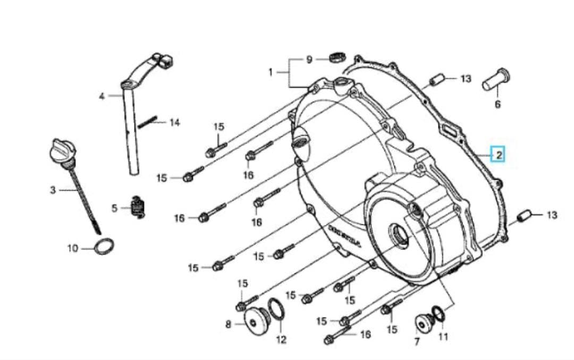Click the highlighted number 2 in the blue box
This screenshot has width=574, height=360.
pyautogui.click(x=498, y=155)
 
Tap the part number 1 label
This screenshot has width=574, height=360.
pyautogui.click(x=271, y=72)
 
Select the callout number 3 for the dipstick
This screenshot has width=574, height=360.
pyautogui.click(x=53, y=190)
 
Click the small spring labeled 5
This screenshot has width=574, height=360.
pyautogui.click(x=138, y=207)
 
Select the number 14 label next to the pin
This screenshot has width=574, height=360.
pyautogui.click(x=174, y=122)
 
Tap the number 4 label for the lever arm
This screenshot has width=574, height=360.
pyautogui.click(x=102, y=96)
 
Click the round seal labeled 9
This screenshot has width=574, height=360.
pyautogui.click(x=337, y=56)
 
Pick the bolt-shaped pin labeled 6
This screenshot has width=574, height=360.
pyautogui.click(x=497, y=80)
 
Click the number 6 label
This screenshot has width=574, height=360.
pyautogui.click(x=497, y=104)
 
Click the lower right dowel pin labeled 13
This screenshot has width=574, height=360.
pyautogui.click(x=524, y=216)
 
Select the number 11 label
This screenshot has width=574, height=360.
pyautogui.click(x=443, y=336)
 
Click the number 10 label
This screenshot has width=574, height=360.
pyautogui.click(x=73, y=248)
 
